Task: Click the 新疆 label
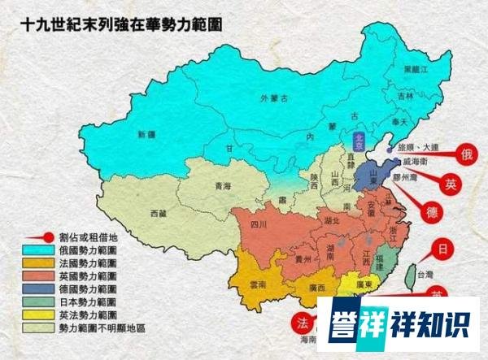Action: pyautogui.click(x=147, y=134)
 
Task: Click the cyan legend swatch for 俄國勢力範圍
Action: pyautogui.click(x=35, y=252)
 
